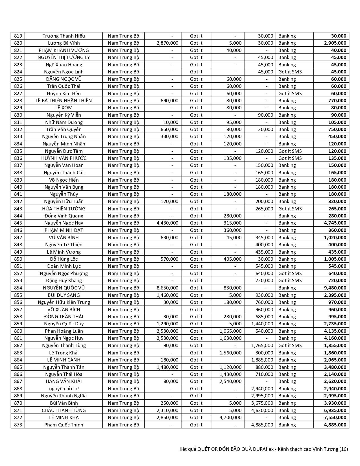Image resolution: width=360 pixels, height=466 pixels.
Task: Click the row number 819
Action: (x=18, y=36)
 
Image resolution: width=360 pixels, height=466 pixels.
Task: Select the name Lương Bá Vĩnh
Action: (x=64, y=43)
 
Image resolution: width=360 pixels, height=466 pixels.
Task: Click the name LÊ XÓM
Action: (x=64, y=108)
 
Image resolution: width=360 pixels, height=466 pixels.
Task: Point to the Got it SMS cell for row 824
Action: (x=290, y=72)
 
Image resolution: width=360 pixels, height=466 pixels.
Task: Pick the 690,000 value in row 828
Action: (x=169, y=101)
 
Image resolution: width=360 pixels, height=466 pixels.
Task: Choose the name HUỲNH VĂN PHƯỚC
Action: (x=64, y=158)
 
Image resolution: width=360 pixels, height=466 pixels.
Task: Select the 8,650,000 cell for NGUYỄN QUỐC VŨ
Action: (x=167, y=288)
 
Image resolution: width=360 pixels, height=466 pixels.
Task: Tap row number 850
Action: (x=18, y=259)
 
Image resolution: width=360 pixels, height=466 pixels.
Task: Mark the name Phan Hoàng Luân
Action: (x=64, y=331)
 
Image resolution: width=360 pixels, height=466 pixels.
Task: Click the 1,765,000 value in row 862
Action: (x=262, y=345)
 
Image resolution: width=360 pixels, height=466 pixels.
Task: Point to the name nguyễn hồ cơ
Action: (x=64, y=389)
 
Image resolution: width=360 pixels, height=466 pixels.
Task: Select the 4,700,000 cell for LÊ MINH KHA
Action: (x=230, y=417)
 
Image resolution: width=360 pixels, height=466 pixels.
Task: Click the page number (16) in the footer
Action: (x=343, y=449)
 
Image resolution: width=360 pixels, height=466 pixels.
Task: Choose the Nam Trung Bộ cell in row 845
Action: (x=123, y=223)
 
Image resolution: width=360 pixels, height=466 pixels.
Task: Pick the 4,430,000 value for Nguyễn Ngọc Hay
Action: (x=167, y=223)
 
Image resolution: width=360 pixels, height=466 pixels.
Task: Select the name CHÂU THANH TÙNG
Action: (x=64, y=410)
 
